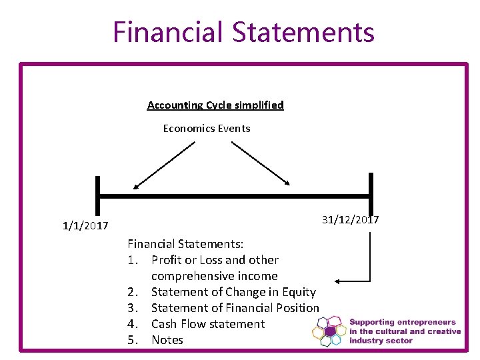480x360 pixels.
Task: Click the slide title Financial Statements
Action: [243, 31]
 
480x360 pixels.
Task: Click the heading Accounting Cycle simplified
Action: [215, 105]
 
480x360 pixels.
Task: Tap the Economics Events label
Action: [207, 128]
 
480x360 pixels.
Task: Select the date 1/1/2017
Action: [85, 226]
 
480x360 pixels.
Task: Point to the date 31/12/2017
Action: [350, 220]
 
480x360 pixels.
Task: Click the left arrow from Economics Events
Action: [163, 165]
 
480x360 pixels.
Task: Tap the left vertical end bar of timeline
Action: [97, 197]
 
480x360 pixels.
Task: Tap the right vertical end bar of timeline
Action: [371, 195]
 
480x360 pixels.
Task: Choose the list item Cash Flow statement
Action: [208, 324]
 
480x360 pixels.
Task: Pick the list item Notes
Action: [167, 340]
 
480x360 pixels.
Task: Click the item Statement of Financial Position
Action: [235, 308]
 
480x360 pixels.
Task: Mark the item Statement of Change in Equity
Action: [233, 292]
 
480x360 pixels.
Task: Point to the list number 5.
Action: [133, 340]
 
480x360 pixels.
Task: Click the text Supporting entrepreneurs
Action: [403, 322]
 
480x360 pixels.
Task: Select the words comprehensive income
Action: [214, 276]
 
